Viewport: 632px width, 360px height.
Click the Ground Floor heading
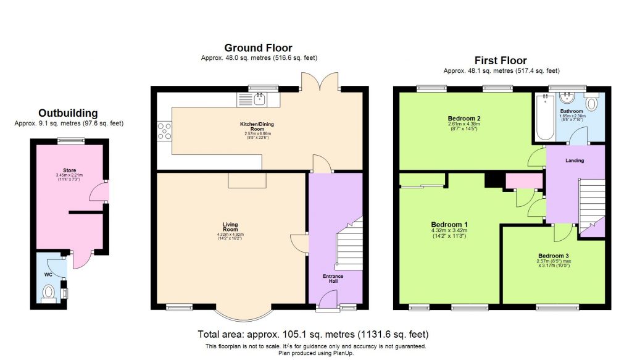tap(258, 48)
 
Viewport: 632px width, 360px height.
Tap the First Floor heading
tap(500, 61)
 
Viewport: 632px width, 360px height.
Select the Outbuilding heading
tap(68, 113)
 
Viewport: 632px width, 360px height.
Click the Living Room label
tap(231, 227)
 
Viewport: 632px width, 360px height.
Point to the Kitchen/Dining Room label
tap(257, 127)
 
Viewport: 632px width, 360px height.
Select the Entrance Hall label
tap(334, 278)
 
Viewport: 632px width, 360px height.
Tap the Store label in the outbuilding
tap(69, 170)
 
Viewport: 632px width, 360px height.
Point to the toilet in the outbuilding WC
tap(49, 292)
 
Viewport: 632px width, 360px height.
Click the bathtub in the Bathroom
tap(544, 118)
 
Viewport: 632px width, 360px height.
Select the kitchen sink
tap(259, 99)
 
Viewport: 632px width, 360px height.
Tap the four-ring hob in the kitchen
tap(165, 132)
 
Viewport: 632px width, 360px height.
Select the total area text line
tap(313, 334)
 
